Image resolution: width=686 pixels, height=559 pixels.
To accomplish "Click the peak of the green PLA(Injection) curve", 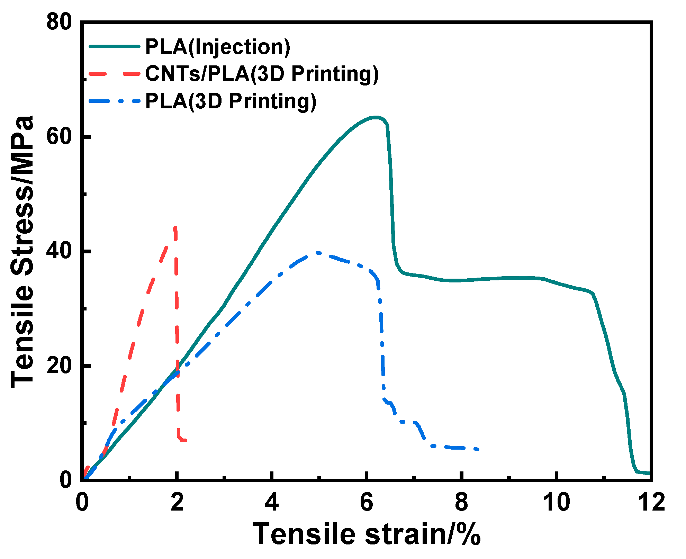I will pyautogui.click(x=376, y=117).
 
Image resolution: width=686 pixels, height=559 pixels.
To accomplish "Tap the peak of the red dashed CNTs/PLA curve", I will pyautogui.click(x=175, y=227).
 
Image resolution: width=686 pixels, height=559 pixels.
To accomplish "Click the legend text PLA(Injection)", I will pyautogui.click(x=218, y=47).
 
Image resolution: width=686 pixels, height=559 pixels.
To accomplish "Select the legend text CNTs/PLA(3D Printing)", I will pyautogui.click(x=262, y=74).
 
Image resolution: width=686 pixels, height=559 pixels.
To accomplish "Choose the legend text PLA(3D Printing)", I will pyautogui.click(x=231, y=101).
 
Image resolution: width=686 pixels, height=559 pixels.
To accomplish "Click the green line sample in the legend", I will pyautogui.click(x=115, y=46).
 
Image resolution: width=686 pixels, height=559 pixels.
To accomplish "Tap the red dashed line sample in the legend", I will pyautogui.click(x=115, y=74).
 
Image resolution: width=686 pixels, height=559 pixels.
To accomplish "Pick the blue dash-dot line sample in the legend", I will pyautogui.click(x=115, y=101).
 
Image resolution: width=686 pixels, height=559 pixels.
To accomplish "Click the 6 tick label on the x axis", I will pyautogui.click(x=367, y=502).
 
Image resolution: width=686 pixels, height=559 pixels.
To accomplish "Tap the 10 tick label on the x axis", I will pyautogui.click(x=556, y=502).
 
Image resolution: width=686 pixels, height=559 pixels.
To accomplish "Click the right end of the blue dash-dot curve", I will pyautogui.click(x=478, y=449).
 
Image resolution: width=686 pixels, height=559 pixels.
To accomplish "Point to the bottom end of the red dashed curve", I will pyautogui.click(x=185, y=440).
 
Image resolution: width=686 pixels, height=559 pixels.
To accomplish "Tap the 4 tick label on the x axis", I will pyautogui.click(x=272, y=502).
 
